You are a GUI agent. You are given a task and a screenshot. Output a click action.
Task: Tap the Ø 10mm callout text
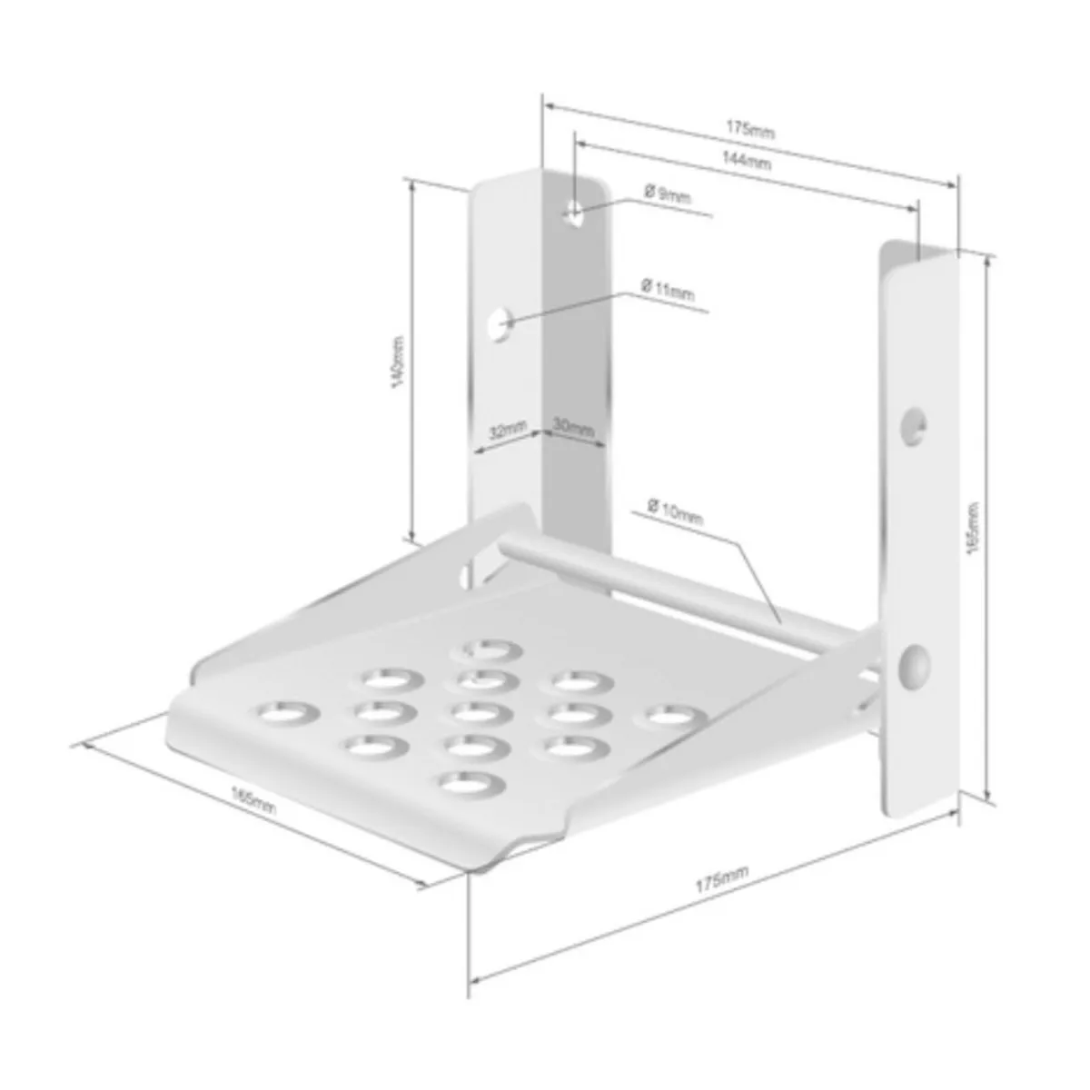pos(676,510)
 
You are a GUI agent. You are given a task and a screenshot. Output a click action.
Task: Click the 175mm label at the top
pos(750,131)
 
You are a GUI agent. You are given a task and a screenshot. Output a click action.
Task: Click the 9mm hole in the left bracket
pos(574,213)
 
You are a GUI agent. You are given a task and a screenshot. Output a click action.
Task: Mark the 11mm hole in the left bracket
pos(499,322)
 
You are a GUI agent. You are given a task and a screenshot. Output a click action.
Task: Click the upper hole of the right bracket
pos(914,425)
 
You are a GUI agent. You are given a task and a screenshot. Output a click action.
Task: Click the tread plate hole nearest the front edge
pos(472,782)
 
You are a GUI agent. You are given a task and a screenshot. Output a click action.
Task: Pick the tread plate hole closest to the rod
pos(491,649)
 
